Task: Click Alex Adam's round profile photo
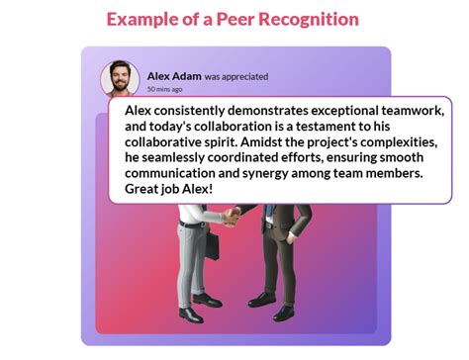click(120, 79)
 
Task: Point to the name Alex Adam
click(174, 76)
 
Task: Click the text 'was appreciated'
click(236, 76)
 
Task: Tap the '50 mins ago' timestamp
click(164, 89)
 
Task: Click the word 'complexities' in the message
click(398, 141)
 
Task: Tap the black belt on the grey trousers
click(194, 224)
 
